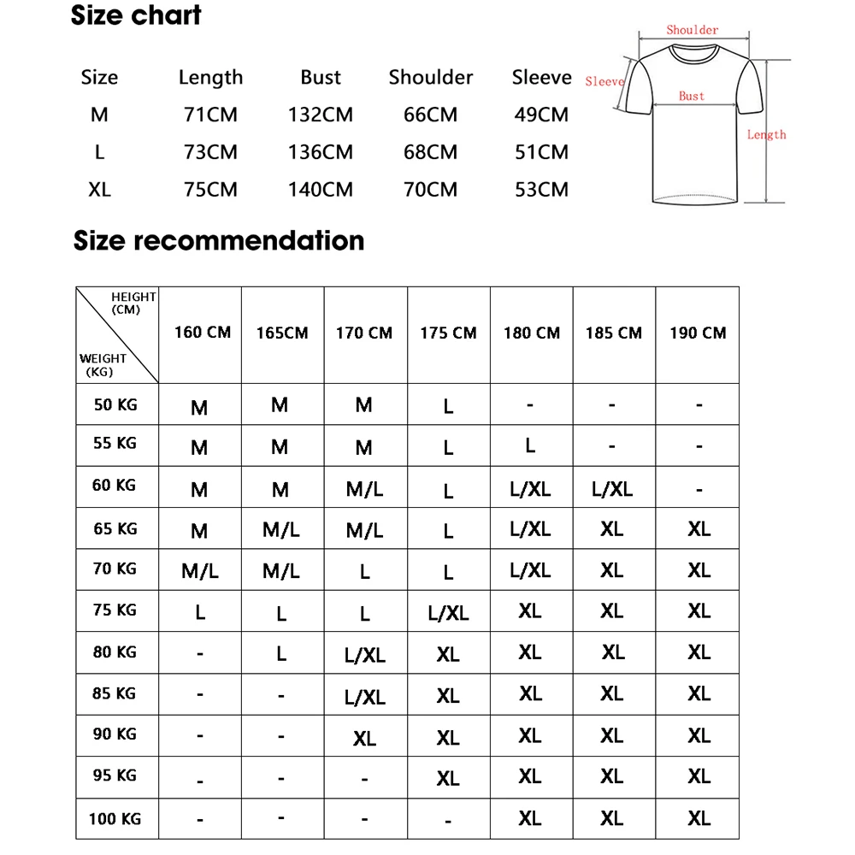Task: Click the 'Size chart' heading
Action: point(136,15)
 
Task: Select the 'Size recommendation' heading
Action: point(219,240)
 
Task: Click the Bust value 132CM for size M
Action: point(321,115)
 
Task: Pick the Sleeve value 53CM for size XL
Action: point(541,189)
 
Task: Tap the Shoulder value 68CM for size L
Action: point(430,152)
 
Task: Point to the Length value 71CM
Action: point(210,115)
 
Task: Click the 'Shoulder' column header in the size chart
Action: point(430,77)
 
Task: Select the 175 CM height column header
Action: point(448,333)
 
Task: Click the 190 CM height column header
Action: point(698,333)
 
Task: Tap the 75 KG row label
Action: point(115,610)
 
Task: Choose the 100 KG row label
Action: point(115,819)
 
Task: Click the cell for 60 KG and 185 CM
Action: point(612,489)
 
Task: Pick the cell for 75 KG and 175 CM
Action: point(449,613)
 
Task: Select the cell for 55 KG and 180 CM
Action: point(530,445)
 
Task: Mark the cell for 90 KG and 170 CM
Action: point(364,738)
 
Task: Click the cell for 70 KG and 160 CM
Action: point(200,570)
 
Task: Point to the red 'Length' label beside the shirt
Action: point(766,134)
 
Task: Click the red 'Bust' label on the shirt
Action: point(692,96)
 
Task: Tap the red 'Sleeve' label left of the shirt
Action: point(604,82)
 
